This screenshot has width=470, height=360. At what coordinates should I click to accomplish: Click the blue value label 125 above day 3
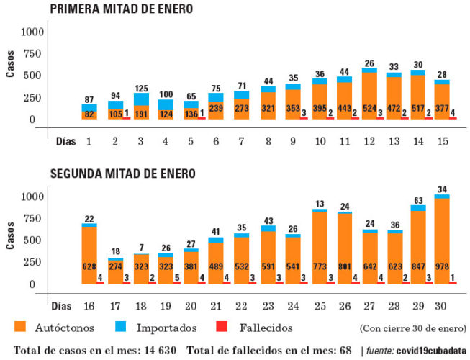[141, 88]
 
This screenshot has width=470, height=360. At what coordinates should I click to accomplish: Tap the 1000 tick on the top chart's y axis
[32, 32]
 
